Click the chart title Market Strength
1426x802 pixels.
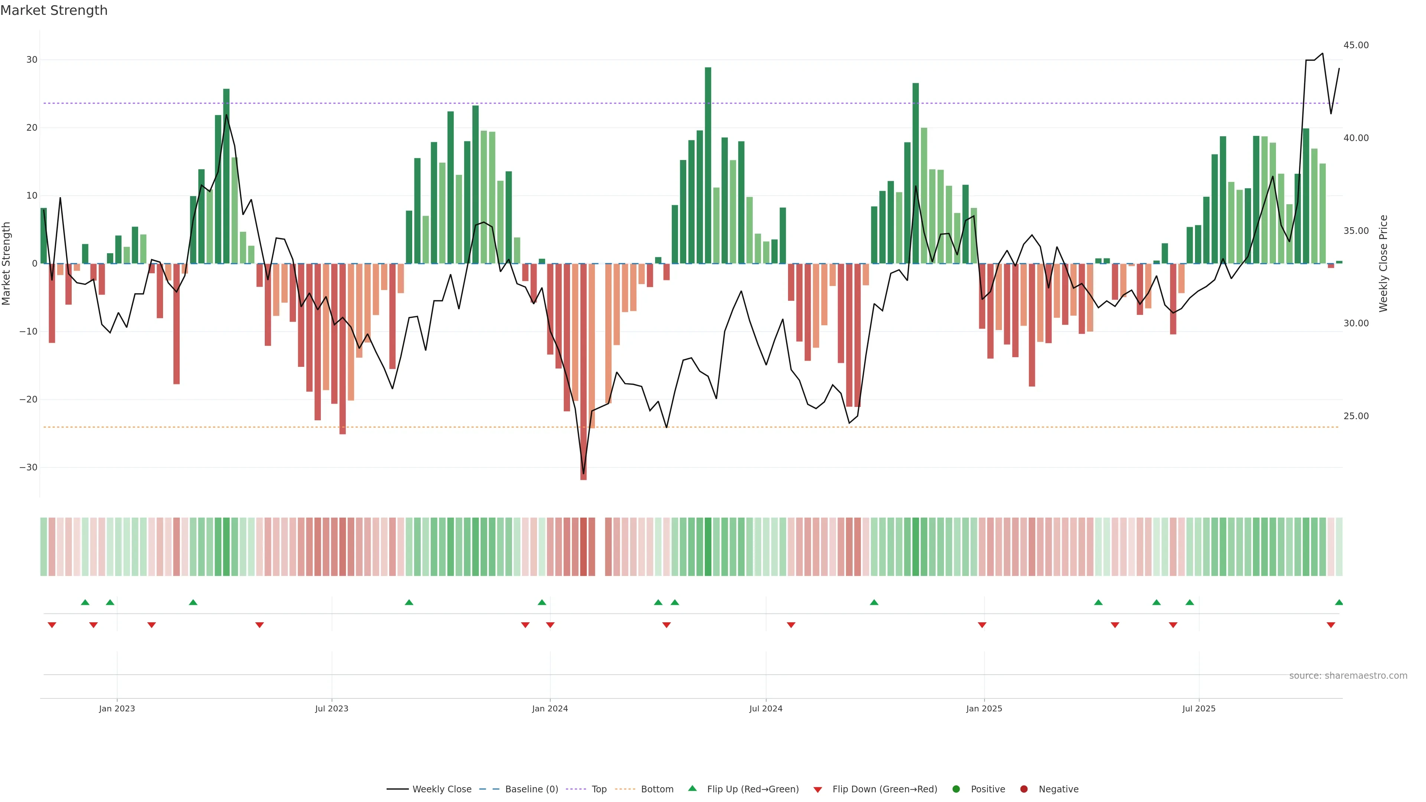point(54,10)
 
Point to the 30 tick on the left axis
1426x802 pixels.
point(32,60)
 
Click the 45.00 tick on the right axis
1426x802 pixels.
point(1356,45)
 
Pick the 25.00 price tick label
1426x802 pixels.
point(1356,416)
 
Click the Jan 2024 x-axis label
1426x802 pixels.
point(550,708)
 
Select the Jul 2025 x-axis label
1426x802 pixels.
point(1198,708)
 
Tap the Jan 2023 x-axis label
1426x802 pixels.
point(117,708)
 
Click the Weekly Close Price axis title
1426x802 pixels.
point(1383,264)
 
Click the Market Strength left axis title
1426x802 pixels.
point(7,264)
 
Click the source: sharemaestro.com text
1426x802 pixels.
point(1348,676)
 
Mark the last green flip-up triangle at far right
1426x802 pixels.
point(1338,602)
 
